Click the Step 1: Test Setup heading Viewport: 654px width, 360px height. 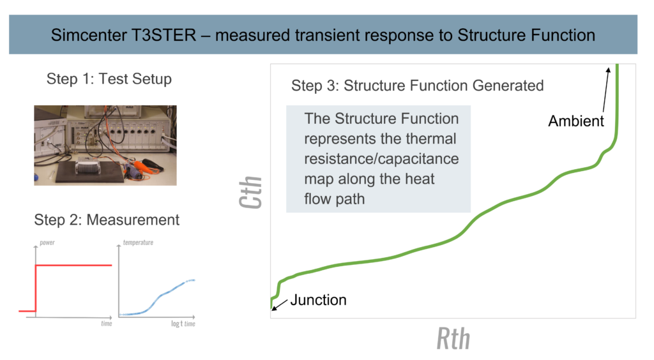[109, 79]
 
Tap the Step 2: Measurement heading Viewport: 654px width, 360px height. [107, 220]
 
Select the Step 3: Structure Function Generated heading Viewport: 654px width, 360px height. [417, 86]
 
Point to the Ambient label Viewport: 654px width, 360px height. [576, 121]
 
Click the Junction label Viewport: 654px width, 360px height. [318, 300]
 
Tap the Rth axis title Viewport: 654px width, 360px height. [453, 338]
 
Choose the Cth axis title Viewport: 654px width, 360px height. [250, 192]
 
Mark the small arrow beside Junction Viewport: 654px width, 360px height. [280, 304]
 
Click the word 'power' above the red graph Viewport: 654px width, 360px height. [47, 243]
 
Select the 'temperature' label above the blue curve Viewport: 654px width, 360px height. [138, 243]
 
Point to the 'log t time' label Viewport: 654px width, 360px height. [183, 324]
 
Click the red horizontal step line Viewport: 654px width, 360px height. [74, 265]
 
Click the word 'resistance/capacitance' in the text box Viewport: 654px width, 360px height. [381, 159]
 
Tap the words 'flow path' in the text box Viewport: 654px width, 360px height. [335, 199]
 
